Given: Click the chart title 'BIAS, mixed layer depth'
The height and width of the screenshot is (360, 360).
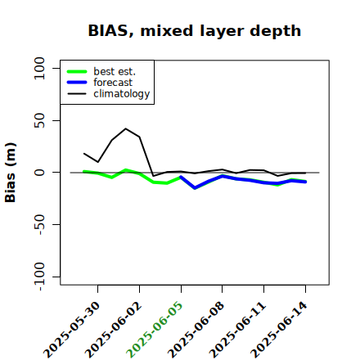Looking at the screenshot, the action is coord(195,31).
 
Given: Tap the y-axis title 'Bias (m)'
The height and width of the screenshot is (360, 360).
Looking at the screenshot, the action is coord(11,173).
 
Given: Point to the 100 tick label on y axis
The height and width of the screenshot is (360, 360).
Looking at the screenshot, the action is coord(39,68).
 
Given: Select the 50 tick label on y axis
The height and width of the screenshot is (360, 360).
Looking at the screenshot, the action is coord(39,120).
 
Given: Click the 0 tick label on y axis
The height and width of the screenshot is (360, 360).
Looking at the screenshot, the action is coord(39,173).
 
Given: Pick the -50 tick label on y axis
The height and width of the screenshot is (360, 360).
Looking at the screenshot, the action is coord(39,224).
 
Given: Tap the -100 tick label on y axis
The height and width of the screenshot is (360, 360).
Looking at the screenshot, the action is coord(39,277).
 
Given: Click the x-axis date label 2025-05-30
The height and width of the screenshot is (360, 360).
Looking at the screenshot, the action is coord(72,330).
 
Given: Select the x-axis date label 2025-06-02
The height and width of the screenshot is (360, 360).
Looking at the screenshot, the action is coord(114,330).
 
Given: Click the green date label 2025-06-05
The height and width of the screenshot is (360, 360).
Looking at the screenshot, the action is coord(155,330).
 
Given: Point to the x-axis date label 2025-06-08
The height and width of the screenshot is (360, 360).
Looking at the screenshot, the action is coord(196,330).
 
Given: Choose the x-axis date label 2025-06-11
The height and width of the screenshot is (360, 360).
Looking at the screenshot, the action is coord(237,330).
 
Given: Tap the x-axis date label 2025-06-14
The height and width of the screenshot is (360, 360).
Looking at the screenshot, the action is coord(279,330).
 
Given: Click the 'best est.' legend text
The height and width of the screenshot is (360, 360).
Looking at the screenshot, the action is coord(115,71).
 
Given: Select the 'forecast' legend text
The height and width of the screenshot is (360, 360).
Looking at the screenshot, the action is coord(113,83).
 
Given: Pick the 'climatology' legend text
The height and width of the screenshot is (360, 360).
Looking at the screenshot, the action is coord(122,94).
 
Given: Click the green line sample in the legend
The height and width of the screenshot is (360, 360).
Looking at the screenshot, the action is coord(77,72).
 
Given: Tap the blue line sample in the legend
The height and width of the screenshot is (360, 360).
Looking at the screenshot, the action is coord(77,83).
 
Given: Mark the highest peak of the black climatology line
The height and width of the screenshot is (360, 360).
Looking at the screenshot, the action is coord(125,128).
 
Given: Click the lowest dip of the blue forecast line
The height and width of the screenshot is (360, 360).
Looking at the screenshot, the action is coord(195,188).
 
